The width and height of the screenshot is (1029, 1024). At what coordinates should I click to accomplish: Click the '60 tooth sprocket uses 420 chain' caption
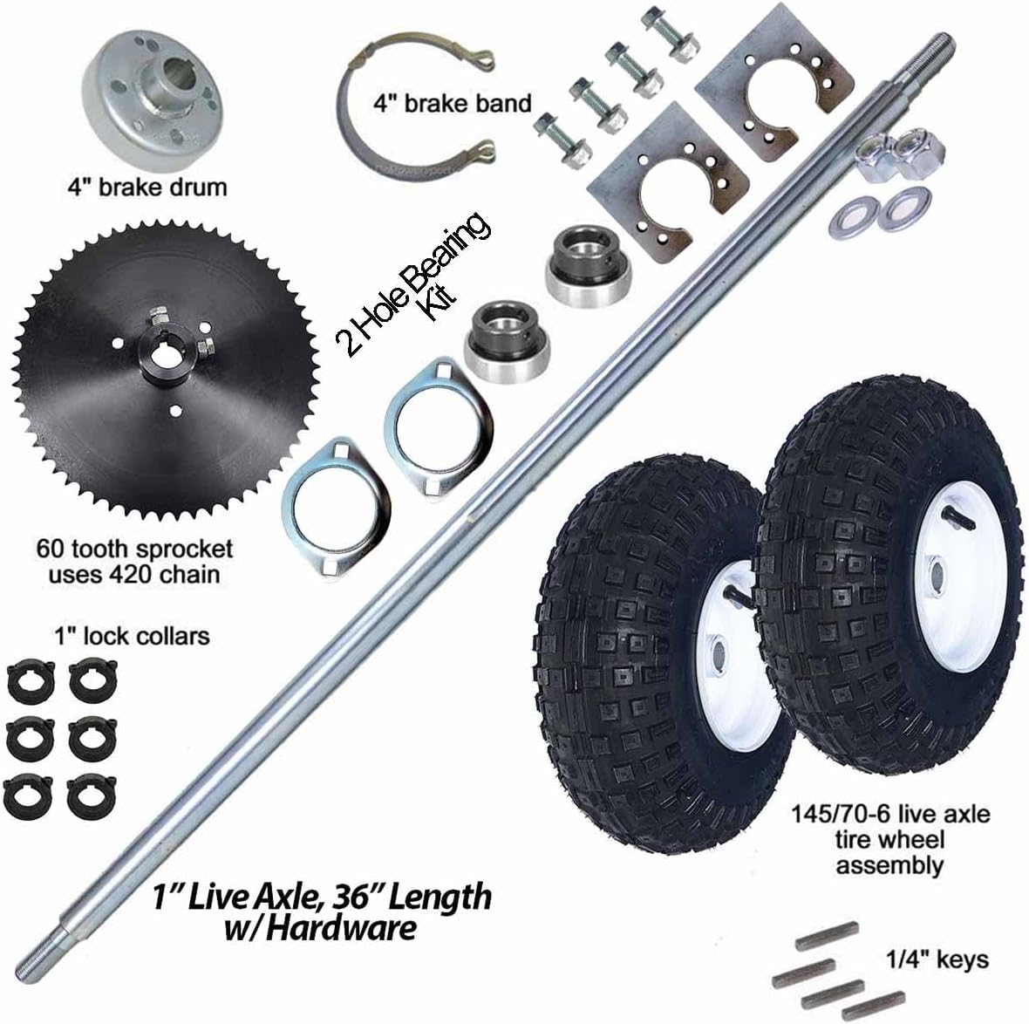(x=134, y=561)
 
